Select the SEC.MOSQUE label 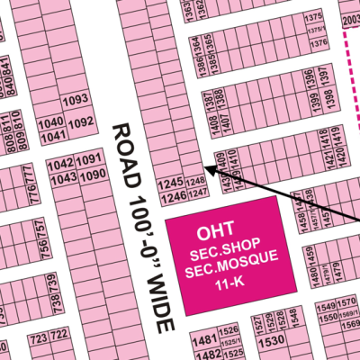click(230, 271)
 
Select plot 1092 click(82, 121)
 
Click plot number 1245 click(170, 183)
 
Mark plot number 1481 click(206, 340)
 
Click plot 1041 click(52, 135)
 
